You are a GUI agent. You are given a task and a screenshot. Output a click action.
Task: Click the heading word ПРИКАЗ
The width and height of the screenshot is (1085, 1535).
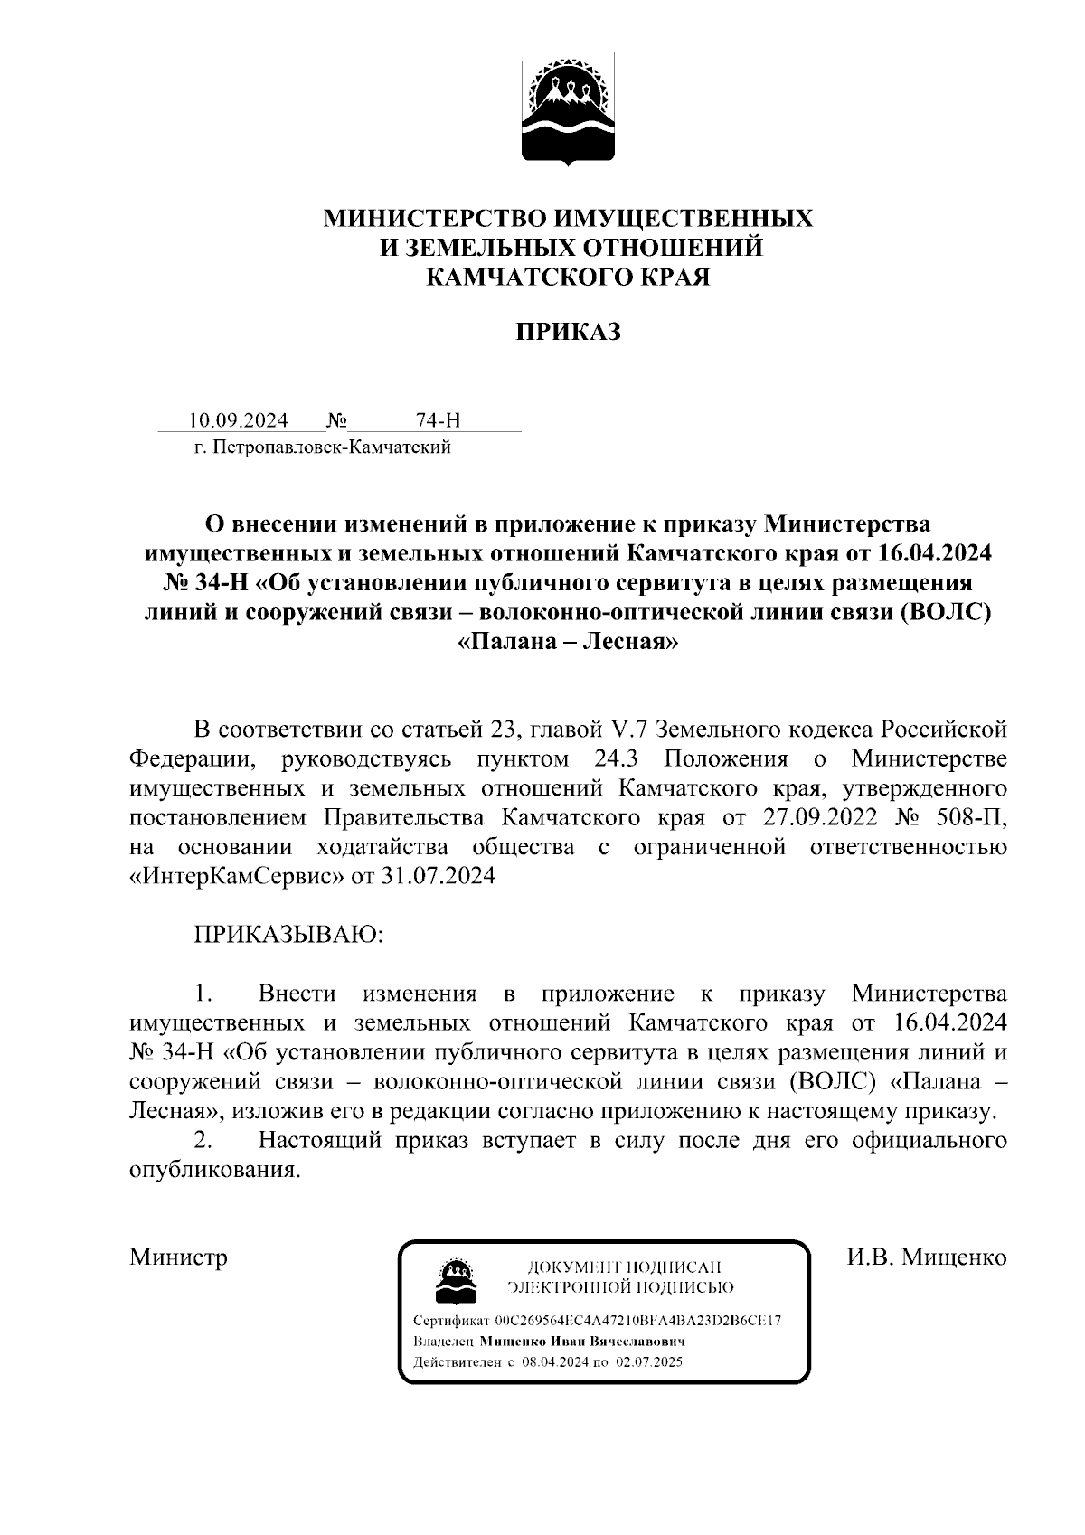point(568,334)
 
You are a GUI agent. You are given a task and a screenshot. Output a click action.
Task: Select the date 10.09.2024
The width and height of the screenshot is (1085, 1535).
point(238,420)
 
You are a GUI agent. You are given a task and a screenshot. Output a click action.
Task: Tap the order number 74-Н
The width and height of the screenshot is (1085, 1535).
point(438,420)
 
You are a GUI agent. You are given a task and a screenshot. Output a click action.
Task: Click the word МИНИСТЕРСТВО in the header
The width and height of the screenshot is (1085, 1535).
point(435,219)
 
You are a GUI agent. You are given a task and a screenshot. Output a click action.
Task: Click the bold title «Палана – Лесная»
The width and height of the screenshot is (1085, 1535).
point(568,644)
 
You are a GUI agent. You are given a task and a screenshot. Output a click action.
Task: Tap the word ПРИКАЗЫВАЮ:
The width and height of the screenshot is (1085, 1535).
point(288,934)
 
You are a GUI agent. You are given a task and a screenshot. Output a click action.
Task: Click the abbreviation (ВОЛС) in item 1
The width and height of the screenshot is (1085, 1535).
point(833,1081)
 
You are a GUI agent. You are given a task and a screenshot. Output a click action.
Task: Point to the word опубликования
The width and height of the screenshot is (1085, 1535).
point(213,1170)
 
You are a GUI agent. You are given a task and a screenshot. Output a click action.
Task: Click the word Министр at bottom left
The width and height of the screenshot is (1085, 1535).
point(178,1257)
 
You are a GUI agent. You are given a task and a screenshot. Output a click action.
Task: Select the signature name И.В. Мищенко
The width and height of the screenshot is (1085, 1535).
point(926,1257)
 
